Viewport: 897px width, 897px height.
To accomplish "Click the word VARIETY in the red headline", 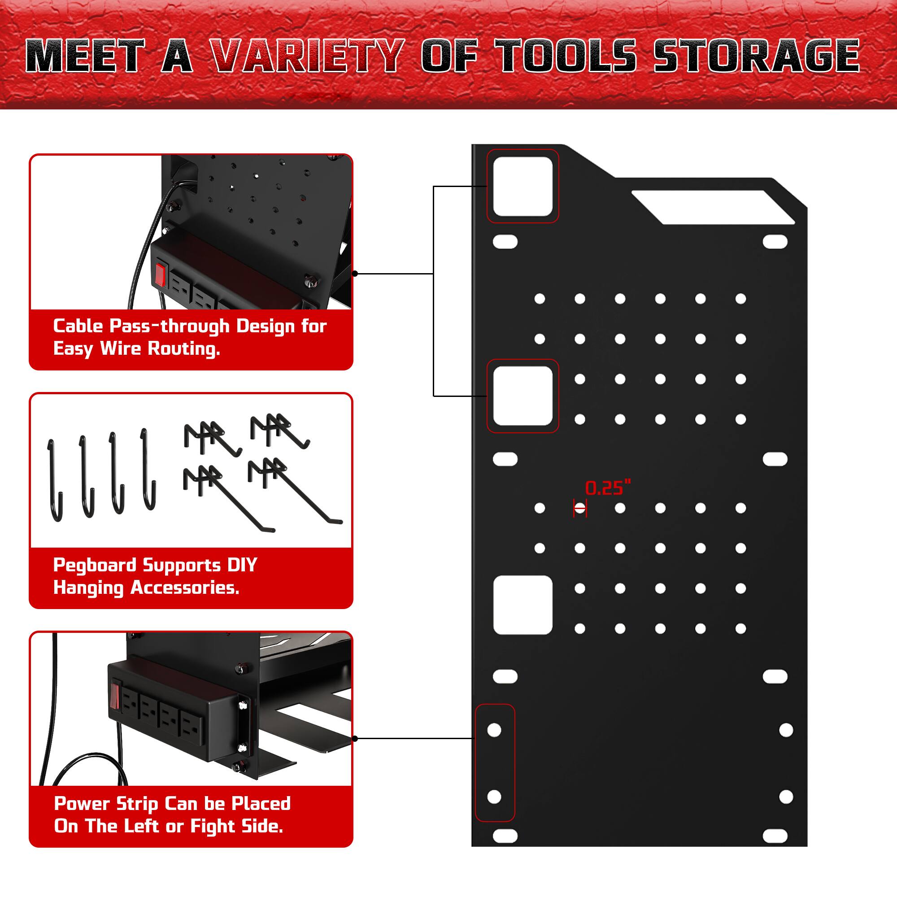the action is pyautogui.click(x=306, y=56).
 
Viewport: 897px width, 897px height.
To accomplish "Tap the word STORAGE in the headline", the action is pyautogui.click(x=756, y=56).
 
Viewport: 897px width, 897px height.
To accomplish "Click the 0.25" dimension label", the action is pyautogui.click(x=608, y=488).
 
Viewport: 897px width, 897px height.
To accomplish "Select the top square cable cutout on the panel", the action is pyautogui.click(x=523, y=186).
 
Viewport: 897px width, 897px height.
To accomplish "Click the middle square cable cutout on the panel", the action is pyautogui.click(x=523, y=396).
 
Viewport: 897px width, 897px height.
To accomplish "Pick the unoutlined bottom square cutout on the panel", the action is pyautogui.click(x=523, y=605).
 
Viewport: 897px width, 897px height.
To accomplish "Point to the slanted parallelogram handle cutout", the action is pyautogui.click(x=713, y=207).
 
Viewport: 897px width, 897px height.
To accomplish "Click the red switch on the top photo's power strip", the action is pyautogui.click(x=160, y=274).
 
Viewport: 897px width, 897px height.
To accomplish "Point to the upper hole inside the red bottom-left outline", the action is pyautogui.click(x=494, y=730).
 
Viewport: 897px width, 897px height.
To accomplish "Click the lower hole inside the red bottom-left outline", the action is pyautogui.click(x=494, y=797).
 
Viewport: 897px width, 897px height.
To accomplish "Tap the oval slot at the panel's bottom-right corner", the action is pyautogui.click(x=775, y=836).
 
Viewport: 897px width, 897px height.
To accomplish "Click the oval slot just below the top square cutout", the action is pyautogui.click(x=505, y=242).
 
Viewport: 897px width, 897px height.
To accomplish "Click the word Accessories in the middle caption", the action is pyautogui.click(x=185, y=588).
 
